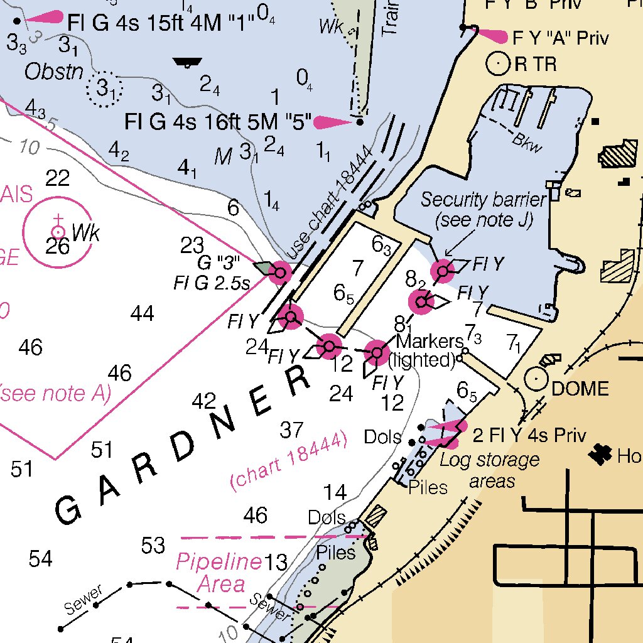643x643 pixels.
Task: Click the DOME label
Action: (580, 389)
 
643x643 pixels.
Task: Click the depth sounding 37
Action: (291, 430)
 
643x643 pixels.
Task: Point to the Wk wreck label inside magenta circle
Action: (85, 234)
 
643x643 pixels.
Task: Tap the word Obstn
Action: (54, 72)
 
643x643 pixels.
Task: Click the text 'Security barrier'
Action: (482, 200)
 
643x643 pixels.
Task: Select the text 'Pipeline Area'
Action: (219, 572)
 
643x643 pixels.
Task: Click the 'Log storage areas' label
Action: (490, 470)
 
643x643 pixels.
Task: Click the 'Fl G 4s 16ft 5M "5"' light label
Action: (218, 121)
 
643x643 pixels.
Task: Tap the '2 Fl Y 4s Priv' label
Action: (529, 436)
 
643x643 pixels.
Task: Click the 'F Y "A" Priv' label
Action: (560, 38)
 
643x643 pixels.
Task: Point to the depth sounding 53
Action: (153, 546)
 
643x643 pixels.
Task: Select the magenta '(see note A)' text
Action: (55, 394)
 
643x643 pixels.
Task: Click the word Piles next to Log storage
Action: (428, 487)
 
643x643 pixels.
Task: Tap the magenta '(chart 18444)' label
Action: (289, 462)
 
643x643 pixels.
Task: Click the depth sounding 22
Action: (57, 179)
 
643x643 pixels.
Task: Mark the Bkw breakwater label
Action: (526, 143)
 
